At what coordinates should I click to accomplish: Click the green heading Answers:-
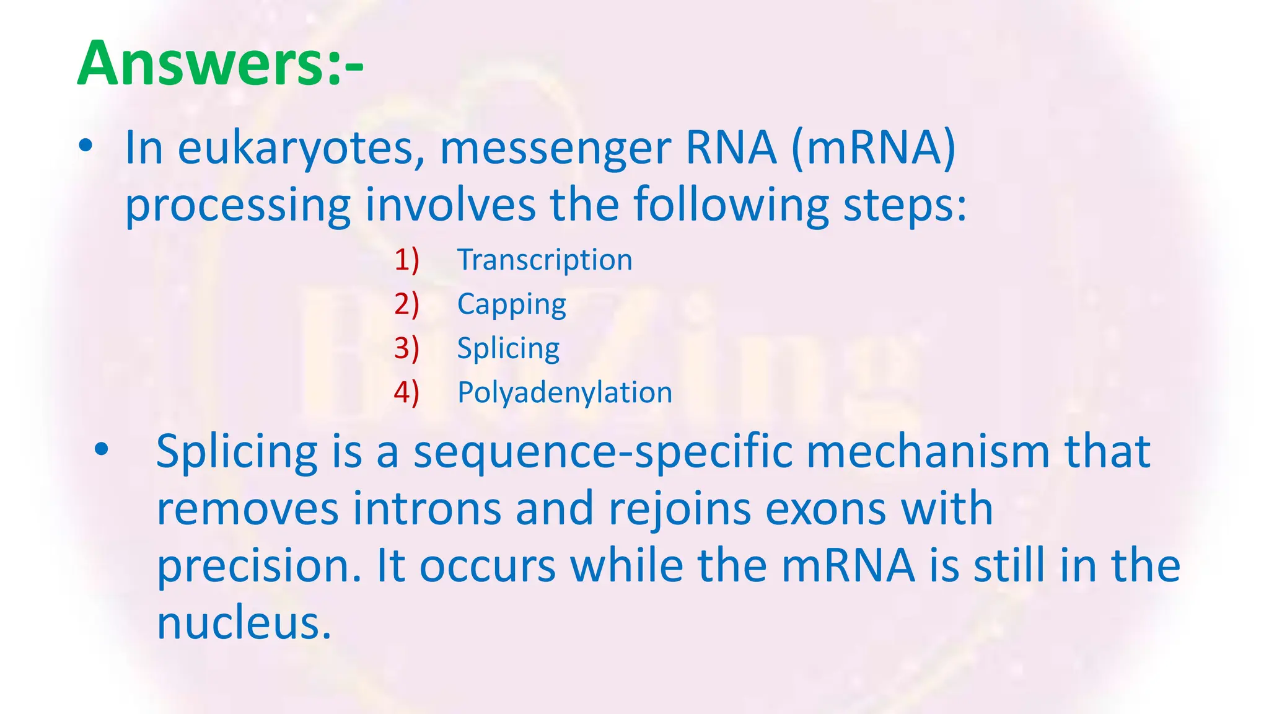tap(220, 64)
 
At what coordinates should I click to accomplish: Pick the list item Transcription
tap(545, 260)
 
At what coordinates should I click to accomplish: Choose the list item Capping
tap(511, 305)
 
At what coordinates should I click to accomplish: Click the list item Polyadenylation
tap(564, 393)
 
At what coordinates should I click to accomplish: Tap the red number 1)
tap(406, 260)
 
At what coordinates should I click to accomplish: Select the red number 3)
tap(406, 348)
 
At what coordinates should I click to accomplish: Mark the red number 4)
tap(406, 393)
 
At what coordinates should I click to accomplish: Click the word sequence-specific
tap(603, 453)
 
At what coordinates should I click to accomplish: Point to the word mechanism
tap(928, 452)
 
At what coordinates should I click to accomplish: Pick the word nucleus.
tap(244, 624)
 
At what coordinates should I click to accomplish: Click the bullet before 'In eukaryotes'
tap(86, 147)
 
